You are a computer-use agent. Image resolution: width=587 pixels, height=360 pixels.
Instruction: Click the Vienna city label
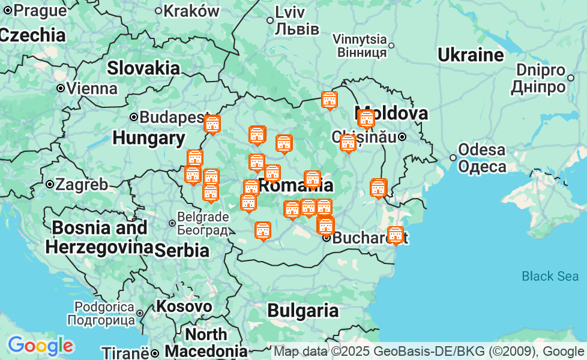(92, 89)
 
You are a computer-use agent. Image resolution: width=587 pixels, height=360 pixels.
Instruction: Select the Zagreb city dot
(50, 184)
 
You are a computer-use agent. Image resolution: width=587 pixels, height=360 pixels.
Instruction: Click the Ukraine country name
(470, 55)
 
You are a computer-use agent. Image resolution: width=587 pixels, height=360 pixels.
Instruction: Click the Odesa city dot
(453, 158)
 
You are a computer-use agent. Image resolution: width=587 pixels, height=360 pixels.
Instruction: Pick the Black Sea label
(550, 276)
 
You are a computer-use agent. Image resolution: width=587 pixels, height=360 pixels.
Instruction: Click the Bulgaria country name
(303, 310)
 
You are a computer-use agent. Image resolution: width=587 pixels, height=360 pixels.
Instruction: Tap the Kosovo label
(184, 307)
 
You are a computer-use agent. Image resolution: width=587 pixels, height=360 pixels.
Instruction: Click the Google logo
(40, 346)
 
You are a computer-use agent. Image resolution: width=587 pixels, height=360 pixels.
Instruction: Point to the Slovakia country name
(143, 68)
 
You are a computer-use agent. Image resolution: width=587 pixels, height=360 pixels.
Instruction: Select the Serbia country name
(182, 250)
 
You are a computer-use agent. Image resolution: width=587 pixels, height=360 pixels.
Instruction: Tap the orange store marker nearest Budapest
(212, 124)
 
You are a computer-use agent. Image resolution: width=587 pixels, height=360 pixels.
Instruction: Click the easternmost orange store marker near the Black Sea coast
(395, 235)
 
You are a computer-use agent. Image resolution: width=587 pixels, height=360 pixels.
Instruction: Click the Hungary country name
(149, 138)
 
